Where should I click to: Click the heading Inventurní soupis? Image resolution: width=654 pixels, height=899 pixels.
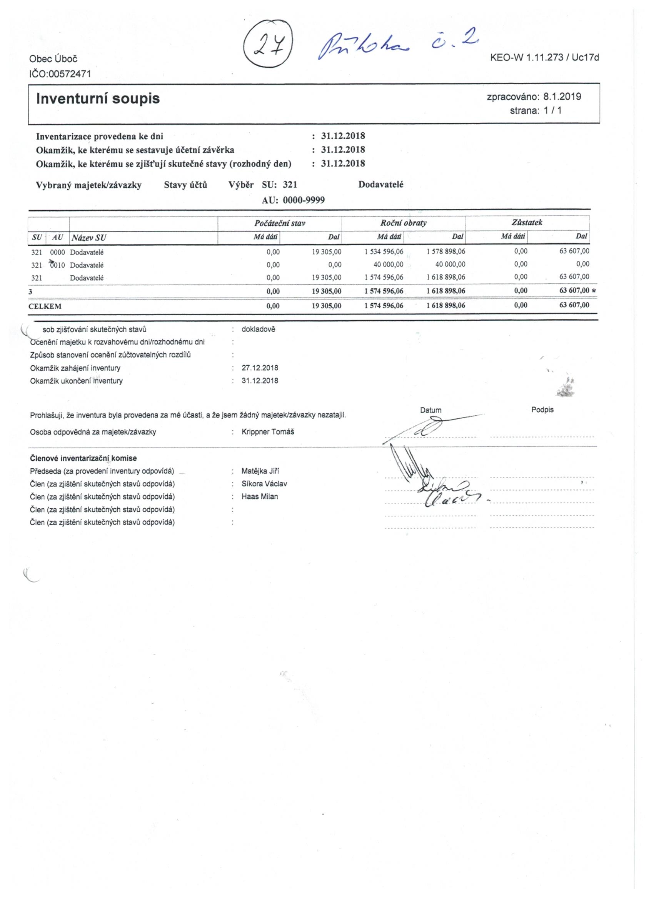[98, 98]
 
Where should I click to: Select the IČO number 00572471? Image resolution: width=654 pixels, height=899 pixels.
[69, 74]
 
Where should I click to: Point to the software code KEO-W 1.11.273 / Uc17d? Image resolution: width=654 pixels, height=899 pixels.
[544, 57]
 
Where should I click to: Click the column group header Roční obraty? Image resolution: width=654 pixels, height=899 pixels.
[403, 223]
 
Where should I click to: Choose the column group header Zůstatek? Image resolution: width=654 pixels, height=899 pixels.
[527, 222]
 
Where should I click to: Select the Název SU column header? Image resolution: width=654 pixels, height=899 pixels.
[89, 238]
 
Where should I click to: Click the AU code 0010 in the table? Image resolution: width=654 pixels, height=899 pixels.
[57, 265]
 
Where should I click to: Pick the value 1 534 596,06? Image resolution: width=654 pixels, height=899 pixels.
[384, 251]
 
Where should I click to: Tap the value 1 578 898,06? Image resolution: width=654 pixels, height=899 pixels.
[446, 251]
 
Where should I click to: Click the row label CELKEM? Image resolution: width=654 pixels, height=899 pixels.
[45, 306]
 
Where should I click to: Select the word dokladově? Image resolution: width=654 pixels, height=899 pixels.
[258, 330]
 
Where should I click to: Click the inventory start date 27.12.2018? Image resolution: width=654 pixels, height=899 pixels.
[260, 368]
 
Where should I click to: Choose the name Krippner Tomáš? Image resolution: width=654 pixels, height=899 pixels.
[268, 432]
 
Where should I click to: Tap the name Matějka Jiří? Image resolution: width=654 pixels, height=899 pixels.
[260, 471]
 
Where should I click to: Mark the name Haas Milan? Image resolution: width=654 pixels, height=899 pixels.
[260, 497]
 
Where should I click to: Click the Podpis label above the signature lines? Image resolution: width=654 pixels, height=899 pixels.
[542, 410]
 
